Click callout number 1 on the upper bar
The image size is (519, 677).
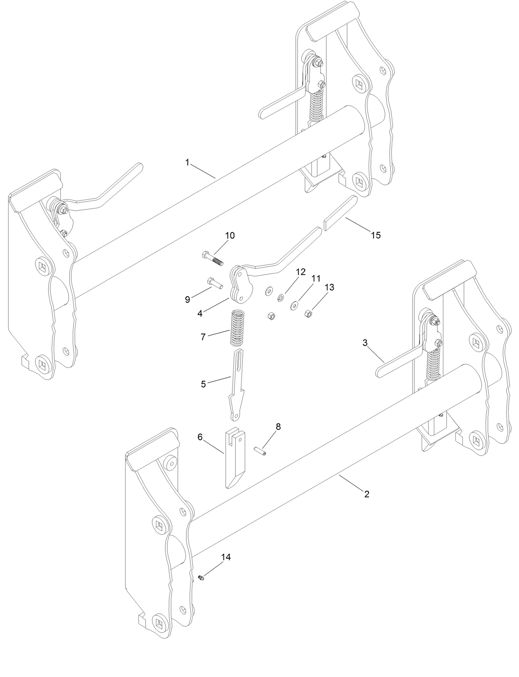(187, 163)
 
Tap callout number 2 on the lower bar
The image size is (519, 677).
(366, 494)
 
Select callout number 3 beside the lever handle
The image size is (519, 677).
(365, 343)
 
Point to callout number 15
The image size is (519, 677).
(375, 235)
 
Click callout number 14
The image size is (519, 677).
(226, 557)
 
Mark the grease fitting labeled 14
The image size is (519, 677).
(201, 578)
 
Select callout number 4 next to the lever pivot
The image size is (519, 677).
(200, 313)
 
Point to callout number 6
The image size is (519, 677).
(200, 437)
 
